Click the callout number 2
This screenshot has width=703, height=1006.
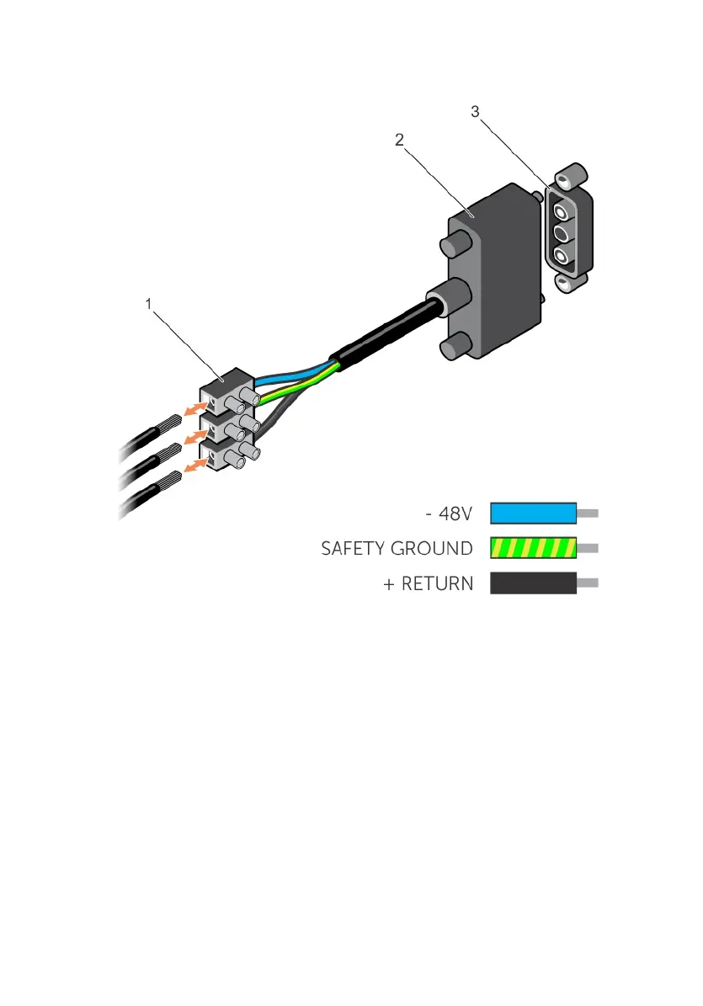tap(400, 141)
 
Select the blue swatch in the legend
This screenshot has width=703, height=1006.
tap(533, 513)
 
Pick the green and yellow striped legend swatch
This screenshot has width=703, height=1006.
tap(533, 548)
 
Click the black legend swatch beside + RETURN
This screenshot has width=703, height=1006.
tap(533, 583)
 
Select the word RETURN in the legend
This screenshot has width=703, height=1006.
tap(438, 583)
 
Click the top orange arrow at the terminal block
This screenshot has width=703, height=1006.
tap(195, 408)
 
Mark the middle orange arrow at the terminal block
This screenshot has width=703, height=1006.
tap(195, 436)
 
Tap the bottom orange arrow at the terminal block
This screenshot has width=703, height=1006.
tap(195, 464)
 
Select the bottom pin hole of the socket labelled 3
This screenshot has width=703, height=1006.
tap(561, 256)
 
